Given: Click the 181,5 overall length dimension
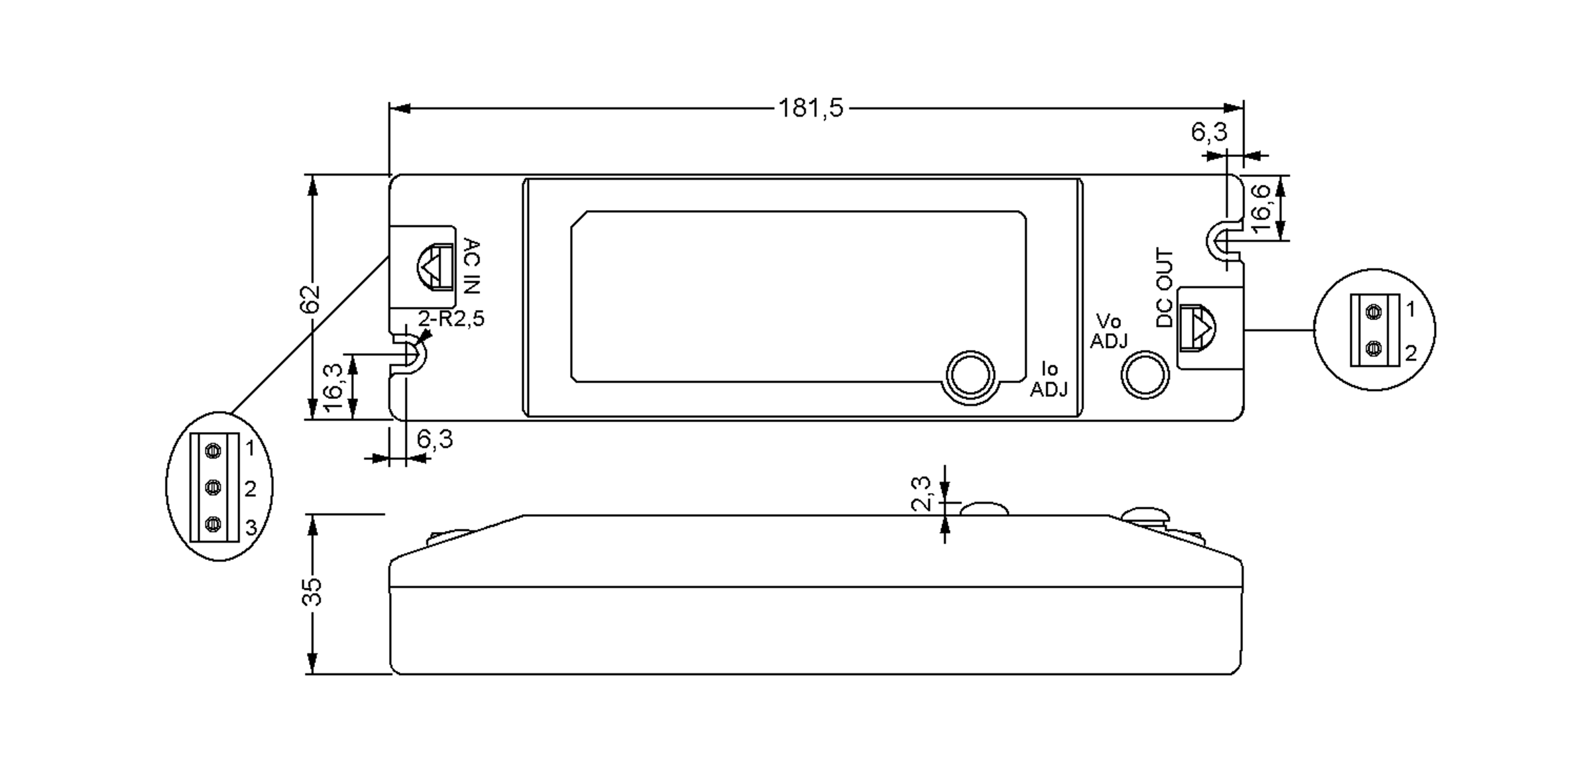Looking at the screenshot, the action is tap(811, 107).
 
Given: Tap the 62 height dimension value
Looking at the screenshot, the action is tap(310, 298).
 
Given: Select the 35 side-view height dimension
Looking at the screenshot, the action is tap(312, 591).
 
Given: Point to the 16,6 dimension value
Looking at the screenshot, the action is tap(1260, 208).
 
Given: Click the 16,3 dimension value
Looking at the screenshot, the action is tap(333, 387).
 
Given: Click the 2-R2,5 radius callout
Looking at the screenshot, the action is tap(451, 319).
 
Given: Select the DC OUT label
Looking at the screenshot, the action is tap(1164, 288).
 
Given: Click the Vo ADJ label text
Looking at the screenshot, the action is tap(1108, 331).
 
